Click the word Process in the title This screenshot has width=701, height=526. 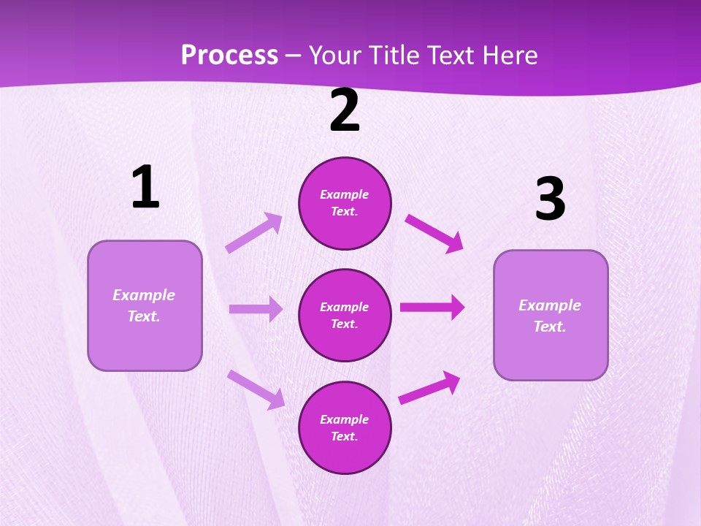229,56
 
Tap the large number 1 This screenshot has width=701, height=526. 145,188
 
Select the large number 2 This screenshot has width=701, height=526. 345,111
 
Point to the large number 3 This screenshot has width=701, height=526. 550,200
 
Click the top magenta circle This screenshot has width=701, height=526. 345,203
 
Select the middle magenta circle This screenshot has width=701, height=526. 345,316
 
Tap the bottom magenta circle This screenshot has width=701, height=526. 345,428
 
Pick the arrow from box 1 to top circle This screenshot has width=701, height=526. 253,232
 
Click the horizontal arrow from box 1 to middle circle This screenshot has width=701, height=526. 256,309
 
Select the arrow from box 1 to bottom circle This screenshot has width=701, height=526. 256,389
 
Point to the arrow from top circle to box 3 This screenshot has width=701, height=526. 434,233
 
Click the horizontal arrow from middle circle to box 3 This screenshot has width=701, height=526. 432,307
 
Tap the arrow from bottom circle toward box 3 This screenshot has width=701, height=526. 430,387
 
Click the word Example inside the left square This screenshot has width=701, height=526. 144,295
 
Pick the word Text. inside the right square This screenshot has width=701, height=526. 550,327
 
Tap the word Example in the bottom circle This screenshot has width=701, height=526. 345,419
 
